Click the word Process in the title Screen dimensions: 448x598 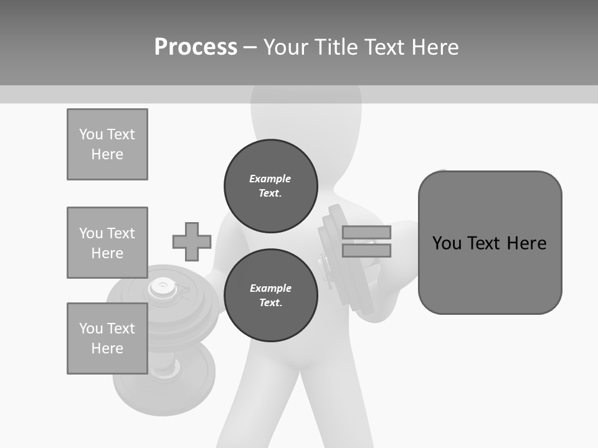coord(196,47)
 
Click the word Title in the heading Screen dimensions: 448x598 coord(335,47)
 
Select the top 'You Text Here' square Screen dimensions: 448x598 coord(107,144)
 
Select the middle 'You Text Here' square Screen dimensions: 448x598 coord(107,243)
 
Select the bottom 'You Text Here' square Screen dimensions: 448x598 coord(107,338)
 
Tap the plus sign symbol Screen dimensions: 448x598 coord(192,242)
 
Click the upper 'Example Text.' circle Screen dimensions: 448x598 coord(270,186)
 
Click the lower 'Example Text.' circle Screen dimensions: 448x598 coord(270,296)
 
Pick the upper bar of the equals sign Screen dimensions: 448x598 coord(366,232)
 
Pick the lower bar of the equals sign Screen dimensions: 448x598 coord(366,251)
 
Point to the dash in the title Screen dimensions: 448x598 coord(250,47)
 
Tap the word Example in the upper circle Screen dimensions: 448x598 coord(270,179)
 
